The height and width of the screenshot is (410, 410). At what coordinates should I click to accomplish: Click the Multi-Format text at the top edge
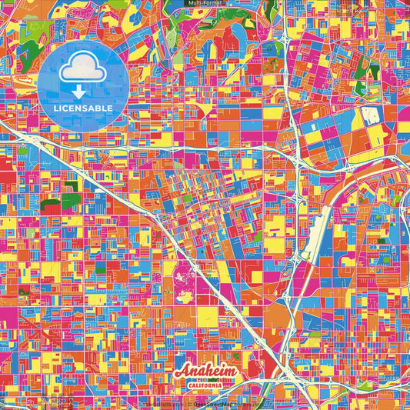(x=204, y=4)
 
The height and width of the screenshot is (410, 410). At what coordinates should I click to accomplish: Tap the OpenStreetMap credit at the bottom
(x=213, y=403)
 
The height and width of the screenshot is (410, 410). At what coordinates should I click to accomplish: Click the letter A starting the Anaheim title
(x=182, y=372)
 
